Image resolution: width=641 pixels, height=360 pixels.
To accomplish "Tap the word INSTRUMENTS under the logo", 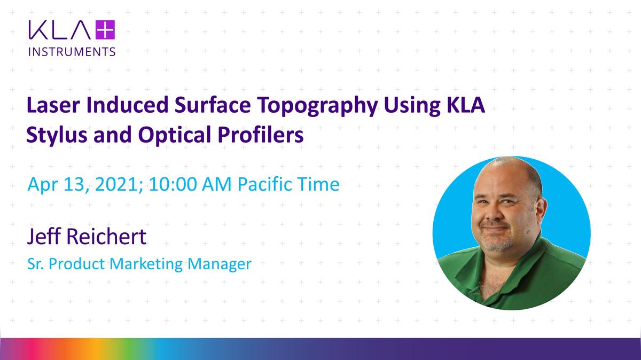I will point(71,52).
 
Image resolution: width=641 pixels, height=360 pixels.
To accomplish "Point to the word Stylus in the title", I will point(52,135).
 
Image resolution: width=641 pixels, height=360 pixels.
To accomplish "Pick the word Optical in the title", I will point(179,135).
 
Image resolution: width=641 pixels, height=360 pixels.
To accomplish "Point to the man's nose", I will point(496,211).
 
